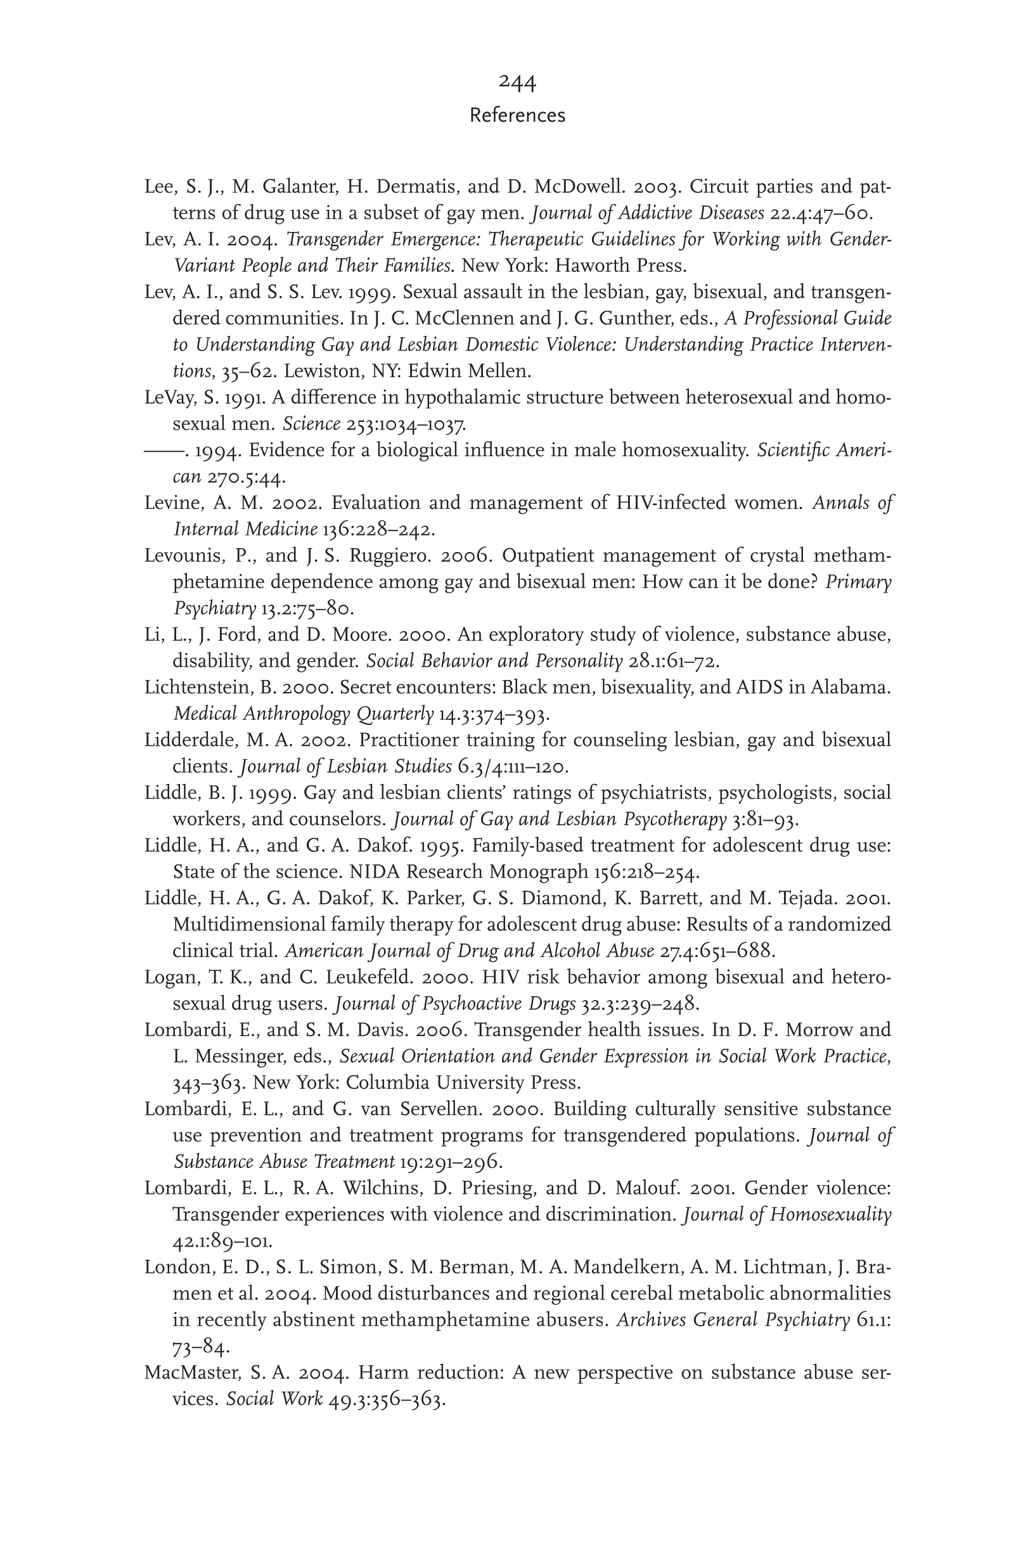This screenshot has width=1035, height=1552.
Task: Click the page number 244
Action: pyautogui.click(x=517, y=82)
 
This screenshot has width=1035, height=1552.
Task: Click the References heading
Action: pyautogui.click(x=517, y=115)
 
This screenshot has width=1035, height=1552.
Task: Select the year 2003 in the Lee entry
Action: pyautogui.click(x=654, y=188)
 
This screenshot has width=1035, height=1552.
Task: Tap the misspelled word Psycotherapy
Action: pyautogui.click(x=674, y=819)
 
